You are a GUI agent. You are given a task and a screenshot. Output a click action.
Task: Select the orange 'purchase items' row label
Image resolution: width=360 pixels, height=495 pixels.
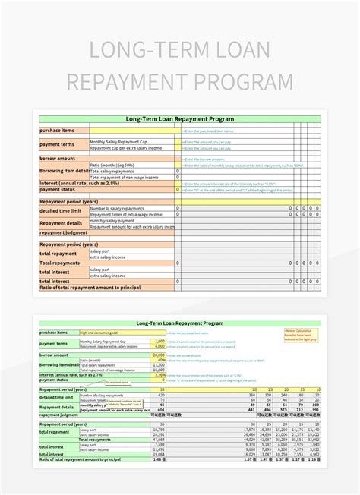pyautogui.click(x=56, y=130)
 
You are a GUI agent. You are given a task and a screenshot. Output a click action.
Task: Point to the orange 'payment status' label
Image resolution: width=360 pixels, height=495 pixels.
pyautogui.click(x=58, y=189)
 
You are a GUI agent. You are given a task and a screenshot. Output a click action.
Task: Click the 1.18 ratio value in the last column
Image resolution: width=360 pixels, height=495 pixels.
pyautogui.click(x=314, y=459)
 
